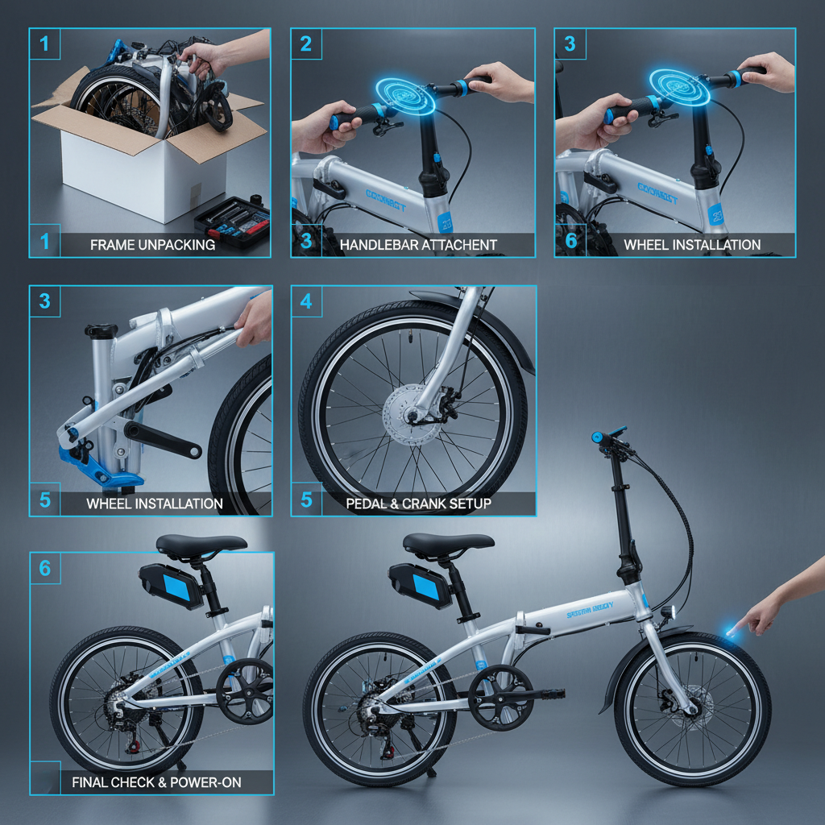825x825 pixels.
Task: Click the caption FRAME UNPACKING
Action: click(x=152, y=244)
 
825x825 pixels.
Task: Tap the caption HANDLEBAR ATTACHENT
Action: click(x=418, y=244)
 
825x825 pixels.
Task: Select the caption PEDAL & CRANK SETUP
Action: click(x=418, y=504)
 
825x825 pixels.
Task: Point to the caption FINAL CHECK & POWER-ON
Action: click(x=156, y=781)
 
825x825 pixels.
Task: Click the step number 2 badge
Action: click(x=305, y=44)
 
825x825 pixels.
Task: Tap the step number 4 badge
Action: click(x=305, y=301)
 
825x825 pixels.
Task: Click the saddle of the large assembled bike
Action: click(x=448, y=543)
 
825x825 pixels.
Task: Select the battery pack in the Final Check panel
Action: click(x=171, y=585)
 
